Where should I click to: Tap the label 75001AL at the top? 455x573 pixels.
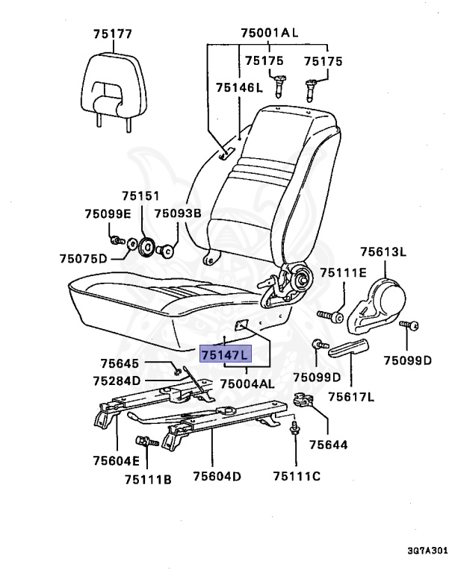coord(269,33)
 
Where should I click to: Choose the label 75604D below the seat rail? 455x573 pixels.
coord(216,475)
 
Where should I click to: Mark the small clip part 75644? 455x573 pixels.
coord(304,401)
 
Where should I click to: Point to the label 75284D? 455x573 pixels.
coord(117,381)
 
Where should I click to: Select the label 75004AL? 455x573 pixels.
coord(247,383)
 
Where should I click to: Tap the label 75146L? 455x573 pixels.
coord(240,87)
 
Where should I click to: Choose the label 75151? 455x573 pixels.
coord(141,196)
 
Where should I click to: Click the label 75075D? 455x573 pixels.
coord(84,259)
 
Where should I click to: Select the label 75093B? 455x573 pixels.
coord(178,213)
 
